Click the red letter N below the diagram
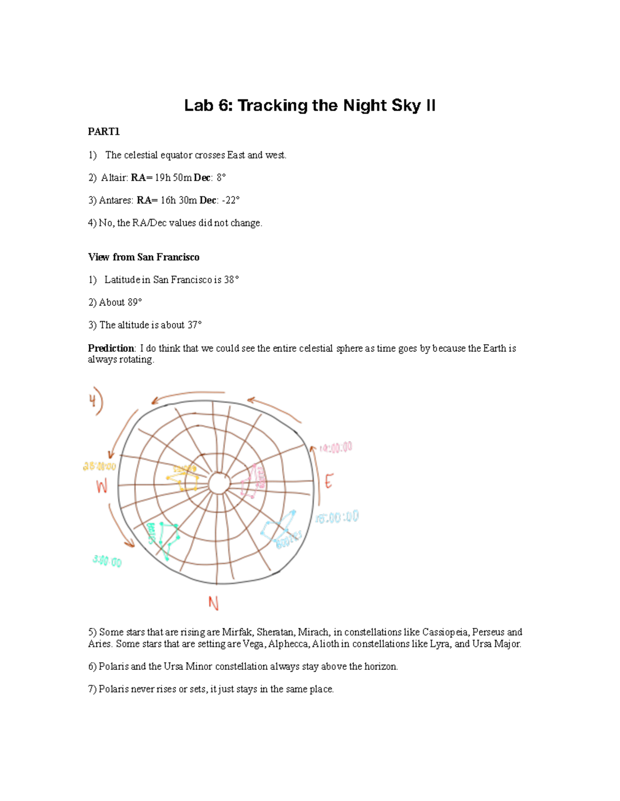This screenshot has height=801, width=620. point(213,603)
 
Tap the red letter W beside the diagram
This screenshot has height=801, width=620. point(102,486)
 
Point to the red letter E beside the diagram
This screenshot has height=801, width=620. point(328,482)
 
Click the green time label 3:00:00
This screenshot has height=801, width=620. point(107,561)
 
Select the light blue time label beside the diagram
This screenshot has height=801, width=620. point(337,517)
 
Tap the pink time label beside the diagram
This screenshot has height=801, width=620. point(336,448)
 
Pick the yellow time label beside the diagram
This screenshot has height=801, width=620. point(99,466)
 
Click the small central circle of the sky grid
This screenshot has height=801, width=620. point(219,484)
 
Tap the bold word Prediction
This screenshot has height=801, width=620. point(111,348)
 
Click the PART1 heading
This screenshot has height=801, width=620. point(104,132)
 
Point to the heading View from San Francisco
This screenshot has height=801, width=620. point(144,257)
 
